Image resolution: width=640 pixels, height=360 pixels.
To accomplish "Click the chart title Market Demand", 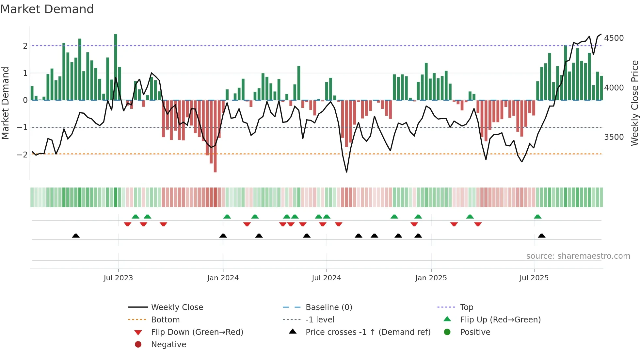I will click(47, 9).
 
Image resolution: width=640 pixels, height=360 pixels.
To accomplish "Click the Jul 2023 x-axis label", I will click(118, 278).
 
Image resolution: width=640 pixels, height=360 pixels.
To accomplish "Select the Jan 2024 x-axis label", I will click(223, 278).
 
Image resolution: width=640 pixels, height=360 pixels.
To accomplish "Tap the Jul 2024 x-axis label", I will click(326, 278).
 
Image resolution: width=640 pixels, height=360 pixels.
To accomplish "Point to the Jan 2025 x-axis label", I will click(431, 278).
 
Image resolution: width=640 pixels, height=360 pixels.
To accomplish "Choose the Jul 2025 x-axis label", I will click(534, 278).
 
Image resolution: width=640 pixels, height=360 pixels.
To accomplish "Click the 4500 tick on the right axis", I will click(614, 38).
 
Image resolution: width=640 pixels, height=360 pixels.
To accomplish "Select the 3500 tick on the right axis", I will click(614, 137).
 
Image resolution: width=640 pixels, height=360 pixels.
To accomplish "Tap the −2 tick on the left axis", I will click(22, 155).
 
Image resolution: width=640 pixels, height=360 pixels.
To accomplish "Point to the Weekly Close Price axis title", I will click(634, 103).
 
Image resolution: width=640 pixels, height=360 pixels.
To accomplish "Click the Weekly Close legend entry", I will click(177, 307).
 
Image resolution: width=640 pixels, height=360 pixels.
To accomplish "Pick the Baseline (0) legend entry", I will click(328, 307).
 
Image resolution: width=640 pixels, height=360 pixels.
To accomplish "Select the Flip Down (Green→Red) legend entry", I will click(197, 332).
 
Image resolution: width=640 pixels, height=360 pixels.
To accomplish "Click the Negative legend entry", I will click(168, 345).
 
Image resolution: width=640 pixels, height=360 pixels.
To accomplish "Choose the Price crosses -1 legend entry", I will click(368, 332).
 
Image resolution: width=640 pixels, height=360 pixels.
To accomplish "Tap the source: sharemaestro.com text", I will click(578, 256).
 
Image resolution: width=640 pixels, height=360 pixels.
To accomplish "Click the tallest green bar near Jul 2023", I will click(116, 67).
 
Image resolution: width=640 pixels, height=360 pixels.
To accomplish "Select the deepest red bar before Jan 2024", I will click(215, 136).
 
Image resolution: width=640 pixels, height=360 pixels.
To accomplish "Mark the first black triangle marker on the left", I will click(76, 236).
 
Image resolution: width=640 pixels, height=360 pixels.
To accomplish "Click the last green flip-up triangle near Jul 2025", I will click(537, 217).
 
